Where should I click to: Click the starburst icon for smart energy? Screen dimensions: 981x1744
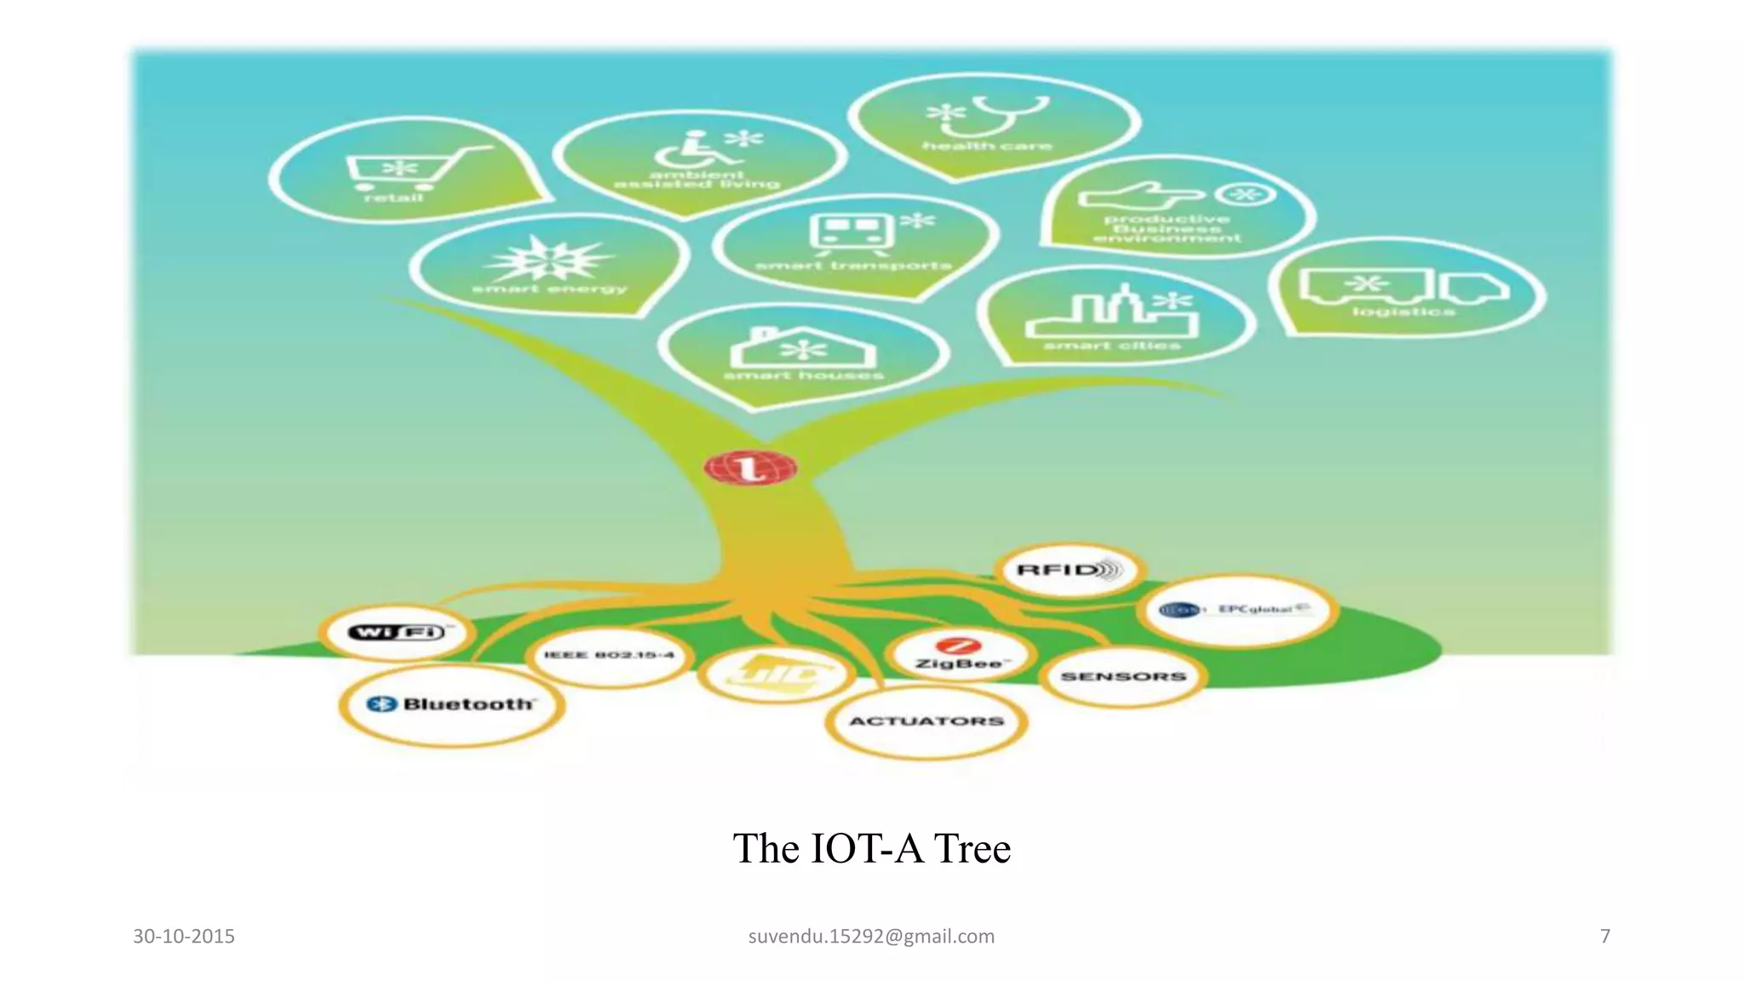click(x=549, y=259)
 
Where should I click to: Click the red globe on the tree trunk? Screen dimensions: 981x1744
click(x=750, y=468)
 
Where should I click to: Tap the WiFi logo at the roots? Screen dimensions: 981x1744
click(x=397, y=632)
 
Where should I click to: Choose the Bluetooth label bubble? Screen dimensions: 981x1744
click(x=451, y=704)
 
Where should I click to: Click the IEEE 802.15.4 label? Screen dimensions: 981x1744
click(x=609, y=655)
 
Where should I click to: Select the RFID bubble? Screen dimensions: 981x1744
click(x=1070, y=570)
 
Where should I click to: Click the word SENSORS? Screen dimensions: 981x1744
click(x=1123, y=676)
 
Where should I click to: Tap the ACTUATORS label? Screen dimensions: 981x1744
click(x=926, y=721)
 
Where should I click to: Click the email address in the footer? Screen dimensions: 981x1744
click(x=871, y=936)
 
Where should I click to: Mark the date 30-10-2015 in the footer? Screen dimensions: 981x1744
click(x=184, y=936)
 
